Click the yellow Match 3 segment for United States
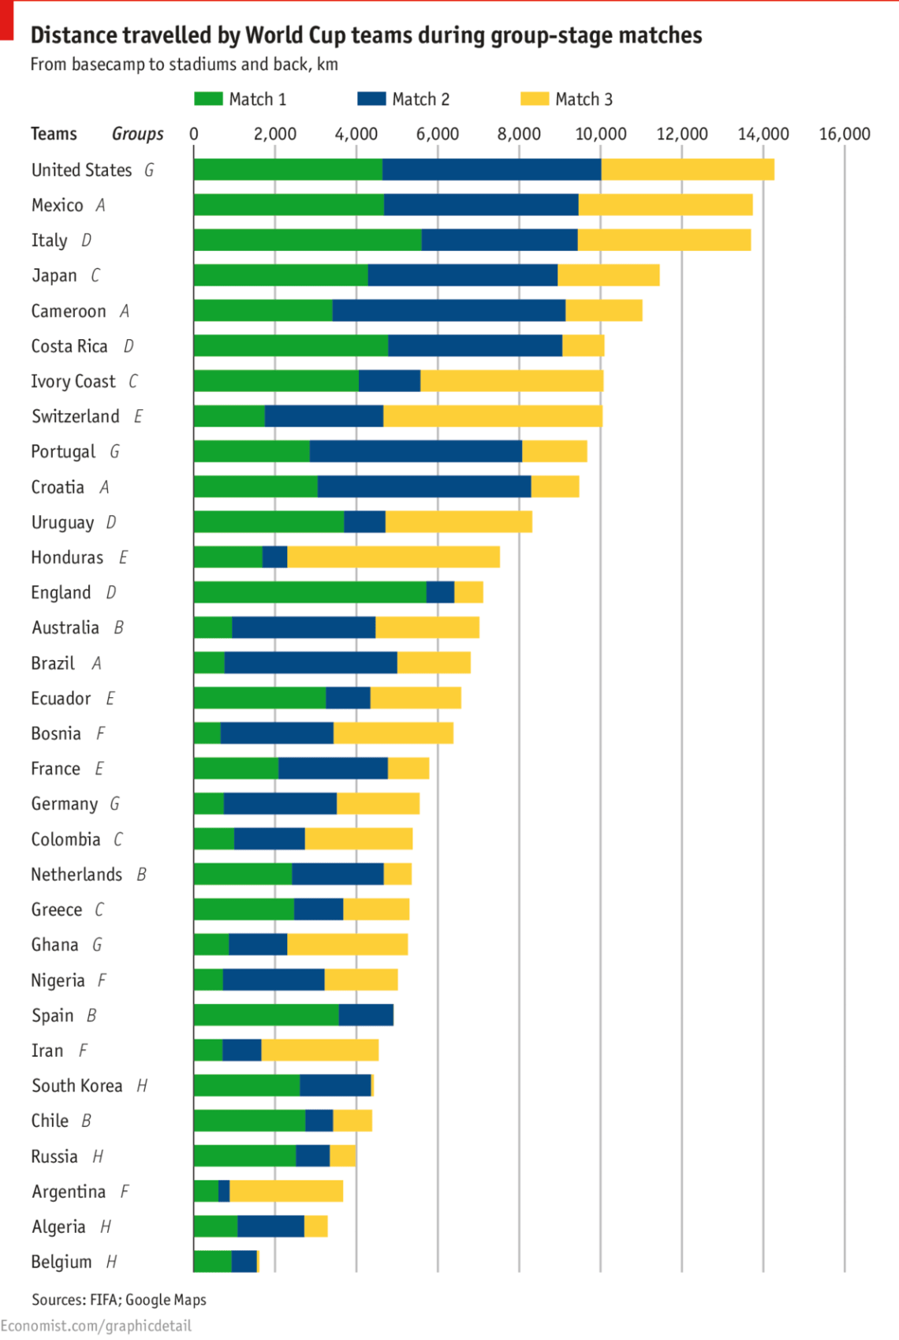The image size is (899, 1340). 687,170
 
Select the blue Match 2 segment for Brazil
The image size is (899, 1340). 311,663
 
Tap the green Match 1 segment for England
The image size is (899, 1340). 310,592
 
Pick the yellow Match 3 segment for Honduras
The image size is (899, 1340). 393,557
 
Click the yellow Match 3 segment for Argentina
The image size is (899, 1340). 285,1191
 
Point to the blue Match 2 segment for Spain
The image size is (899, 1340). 366,1015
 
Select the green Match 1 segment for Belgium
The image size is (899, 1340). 212,1261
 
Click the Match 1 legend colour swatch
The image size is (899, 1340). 208,99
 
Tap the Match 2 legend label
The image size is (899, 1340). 420,99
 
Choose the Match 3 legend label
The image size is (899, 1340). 584,99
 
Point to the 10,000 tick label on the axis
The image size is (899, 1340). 601,134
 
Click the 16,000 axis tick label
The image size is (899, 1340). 845,134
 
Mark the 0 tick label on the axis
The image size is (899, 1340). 194,134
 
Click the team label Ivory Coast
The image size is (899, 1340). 73,382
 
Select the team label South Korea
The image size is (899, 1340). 77,1086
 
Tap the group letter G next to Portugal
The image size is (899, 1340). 115,451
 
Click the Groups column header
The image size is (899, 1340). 138,134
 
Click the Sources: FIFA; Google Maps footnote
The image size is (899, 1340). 119,1299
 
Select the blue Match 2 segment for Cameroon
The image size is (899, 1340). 449,311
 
